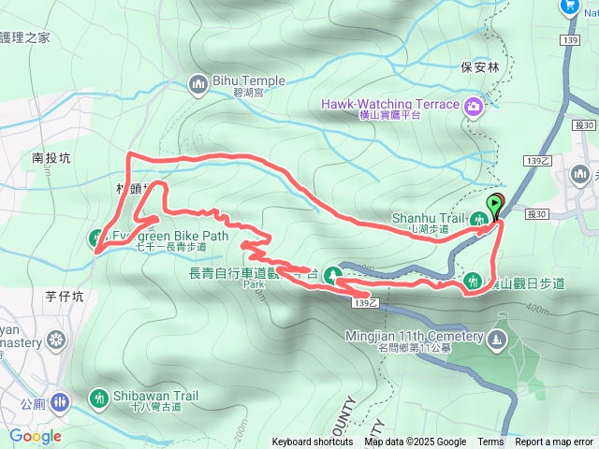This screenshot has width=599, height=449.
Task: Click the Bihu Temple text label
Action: coord(244,81)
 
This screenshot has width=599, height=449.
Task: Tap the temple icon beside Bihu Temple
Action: coord(197,84)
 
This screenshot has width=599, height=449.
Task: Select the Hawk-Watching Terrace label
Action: coord(390,104)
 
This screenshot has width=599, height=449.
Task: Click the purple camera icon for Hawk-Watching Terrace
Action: coord(475,105)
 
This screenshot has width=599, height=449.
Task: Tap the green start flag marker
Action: coord(495,205)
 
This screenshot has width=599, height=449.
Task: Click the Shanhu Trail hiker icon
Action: coord(480,220)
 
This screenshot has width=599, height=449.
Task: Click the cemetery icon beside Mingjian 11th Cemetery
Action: coord(496,339)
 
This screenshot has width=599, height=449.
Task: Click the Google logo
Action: coord(36,436)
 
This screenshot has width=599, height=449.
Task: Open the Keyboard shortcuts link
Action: coord(313,442)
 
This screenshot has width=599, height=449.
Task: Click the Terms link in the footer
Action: coord(490,442)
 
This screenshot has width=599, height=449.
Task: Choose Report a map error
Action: coord(554,442)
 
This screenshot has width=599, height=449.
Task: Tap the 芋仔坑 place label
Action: coord(65,297)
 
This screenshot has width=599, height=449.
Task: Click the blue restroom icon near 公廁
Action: coord(61,402)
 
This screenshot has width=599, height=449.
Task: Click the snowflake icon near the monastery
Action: coord(56,339)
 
